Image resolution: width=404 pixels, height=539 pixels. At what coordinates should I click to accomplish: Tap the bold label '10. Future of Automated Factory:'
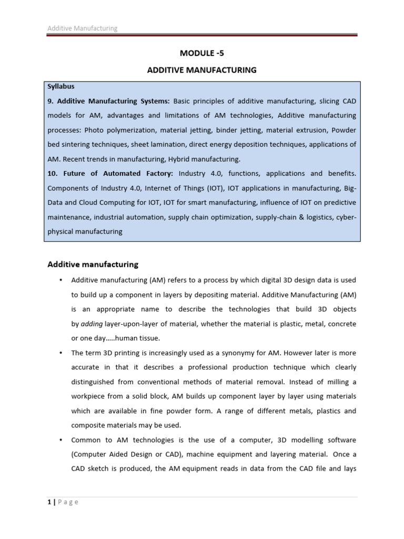[x=111, y=173]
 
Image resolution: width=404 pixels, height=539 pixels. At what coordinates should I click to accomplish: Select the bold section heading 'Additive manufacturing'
[x=93, y=264]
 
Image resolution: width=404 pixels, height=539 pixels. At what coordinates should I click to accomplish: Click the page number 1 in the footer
[x=49, y=502]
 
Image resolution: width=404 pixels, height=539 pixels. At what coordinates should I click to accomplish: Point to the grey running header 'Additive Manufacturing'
[x=83, y=28]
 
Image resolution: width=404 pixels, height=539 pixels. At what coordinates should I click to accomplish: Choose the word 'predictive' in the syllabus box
[x=338, y=202]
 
